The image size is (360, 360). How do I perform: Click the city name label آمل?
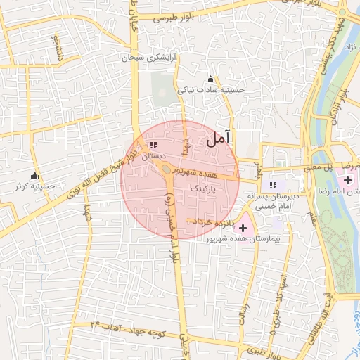click(x=219, y=139)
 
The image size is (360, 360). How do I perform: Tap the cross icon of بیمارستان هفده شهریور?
click(x=243, y=228)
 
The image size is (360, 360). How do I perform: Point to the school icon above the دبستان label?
click(x=153, y=146)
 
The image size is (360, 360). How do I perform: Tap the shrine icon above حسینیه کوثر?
click(x=34, y=176)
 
